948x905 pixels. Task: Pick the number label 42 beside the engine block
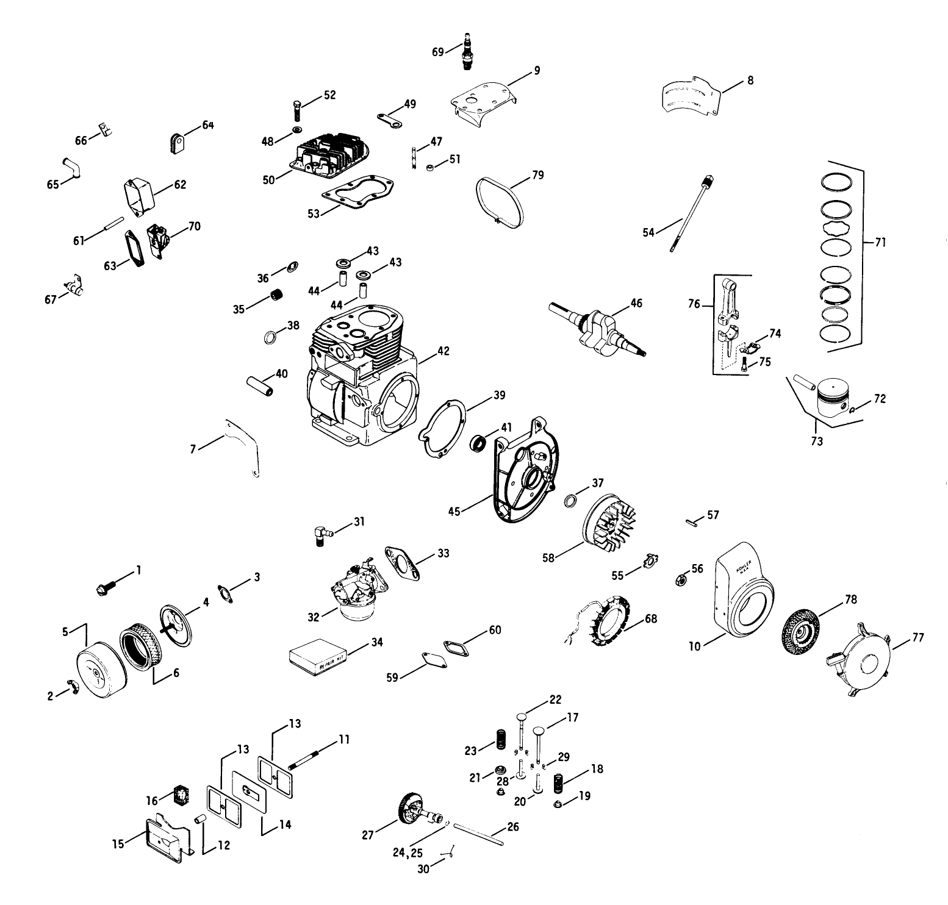(443, 351)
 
